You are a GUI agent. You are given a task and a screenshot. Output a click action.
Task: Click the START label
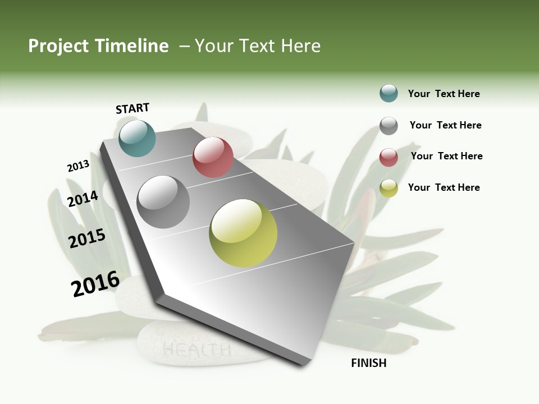coord(133,108)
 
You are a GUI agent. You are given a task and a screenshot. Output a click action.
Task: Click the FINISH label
coord(369,363)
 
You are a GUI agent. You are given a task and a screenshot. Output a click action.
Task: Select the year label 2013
coord(78,166)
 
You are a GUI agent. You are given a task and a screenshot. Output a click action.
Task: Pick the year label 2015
coord(87,238)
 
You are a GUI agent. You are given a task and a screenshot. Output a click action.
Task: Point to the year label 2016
coord(95,284)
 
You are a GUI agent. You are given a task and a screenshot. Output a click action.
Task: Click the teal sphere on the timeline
coord(138,138)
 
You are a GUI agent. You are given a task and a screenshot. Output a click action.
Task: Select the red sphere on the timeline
coord(213,157)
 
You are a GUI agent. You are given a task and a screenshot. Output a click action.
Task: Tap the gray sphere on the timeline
coord(163,202)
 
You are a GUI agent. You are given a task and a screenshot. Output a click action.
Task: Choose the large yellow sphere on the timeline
coord(243,233)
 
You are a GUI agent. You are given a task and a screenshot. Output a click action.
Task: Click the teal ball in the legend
coord(389,93)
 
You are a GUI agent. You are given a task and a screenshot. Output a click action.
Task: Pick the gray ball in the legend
coord(389,126)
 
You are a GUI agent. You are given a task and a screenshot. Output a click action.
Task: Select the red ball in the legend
coord(389,157)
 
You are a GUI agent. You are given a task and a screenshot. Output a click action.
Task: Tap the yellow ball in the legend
coord(389,188)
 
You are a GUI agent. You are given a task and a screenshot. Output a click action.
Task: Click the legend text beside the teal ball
coord(444,94)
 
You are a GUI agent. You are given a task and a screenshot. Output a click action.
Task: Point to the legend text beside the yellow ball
coord(444,187)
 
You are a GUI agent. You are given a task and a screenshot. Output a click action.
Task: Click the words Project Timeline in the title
coord(98,46)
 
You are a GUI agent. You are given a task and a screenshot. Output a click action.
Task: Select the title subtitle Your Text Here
coord(258,46)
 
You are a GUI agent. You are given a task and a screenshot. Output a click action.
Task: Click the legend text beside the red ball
coord(446,156)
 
